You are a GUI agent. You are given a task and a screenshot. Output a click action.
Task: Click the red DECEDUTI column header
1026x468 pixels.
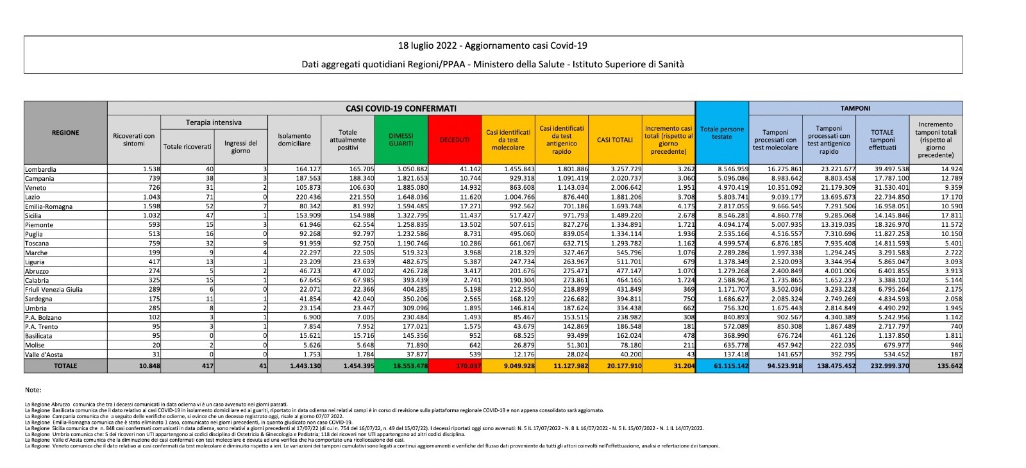pyautogui.click(x=454, y=140)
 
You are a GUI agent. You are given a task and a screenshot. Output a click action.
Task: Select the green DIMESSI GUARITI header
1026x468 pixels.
pyautogui.click(x=401, y=140)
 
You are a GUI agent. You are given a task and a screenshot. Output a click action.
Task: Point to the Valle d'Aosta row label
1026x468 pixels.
pyautogui.click(x=44, y=354)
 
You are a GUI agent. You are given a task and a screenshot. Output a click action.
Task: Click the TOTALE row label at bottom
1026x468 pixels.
pyautogui.click(x=65, y=366)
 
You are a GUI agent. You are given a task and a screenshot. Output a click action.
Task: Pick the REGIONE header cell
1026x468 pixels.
pyautogui.click(x=65, y=133)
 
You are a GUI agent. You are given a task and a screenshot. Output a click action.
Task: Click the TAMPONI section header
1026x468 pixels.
pyautogui.click(x=855, y=108)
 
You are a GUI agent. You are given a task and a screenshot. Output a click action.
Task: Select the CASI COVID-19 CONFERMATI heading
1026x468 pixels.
pyautogui.click(x=401, y=108)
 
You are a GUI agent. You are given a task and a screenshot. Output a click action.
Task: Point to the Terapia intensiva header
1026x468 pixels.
pyautogui.click(x=214, y=122)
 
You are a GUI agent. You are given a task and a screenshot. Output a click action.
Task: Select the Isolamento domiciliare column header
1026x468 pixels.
pyautogui.click(x=294, y=140)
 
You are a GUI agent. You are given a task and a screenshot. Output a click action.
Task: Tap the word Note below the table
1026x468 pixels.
pyautogui.click(x=33, y=390)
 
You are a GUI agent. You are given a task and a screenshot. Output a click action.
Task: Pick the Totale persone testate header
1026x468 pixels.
pyautogui.click(x=722, y=133)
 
